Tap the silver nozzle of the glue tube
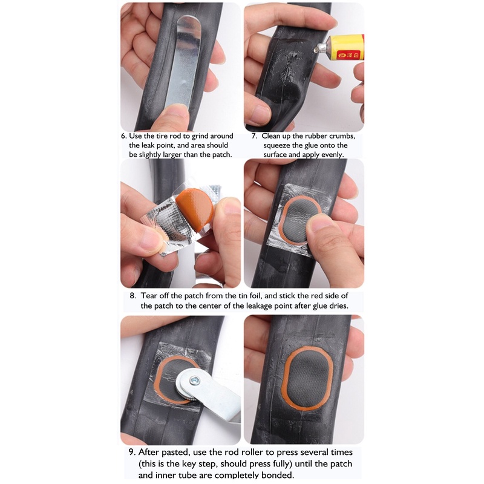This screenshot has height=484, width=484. click(x=321, y=47)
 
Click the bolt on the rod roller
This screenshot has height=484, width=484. click(x=194, y=381)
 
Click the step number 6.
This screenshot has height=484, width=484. click(x=124, y=136)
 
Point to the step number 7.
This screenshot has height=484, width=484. click(x=255, y=136)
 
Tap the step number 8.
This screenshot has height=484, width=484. click(x=132, y=296)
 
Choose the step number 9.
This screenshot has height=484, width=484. click(x=132, y=452)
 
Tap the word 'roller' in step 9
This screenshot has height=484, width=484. click(x=255, y=452)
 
